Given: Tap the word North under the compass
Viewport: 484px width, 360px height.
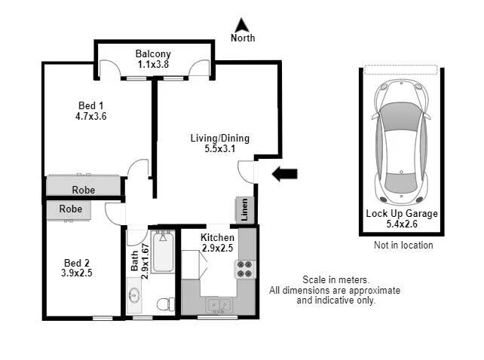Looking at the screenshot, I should pyautogui.click(x=242, y=38).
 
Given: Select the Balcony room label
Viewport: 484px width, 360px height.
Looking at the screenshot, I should pyautogui.click(x=153, y=53).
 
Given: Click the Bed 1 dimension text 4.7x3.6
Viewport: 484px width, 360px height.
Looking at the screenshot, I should pyautogui.click(x=91, y=117).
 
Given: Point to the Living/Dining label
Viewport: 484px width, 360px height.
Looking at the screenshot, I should pyautogui.click(x=219, y=138).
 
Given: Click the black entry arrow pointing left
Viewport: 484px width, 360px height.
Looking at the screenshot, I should pyautogui.click(x=284, y=174).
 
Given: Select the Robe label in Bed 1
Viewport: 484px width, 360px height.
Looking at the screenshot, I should pyautogui.click(x=83, y=190).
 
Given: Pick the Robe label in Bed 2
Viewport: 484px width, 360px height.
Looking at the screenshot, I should pyautogui.click(x=70, y=209).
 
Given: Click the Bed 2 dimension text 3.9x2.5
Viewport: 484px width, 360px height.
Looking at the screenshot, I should pyautogui.click(x=76, y=273).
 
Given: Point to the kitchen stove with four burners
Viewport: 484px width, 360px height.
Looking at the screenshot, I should pyautogui.click(x=246, y=269).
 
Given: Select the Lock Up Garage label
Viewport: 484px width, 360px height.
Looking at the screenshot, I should pyautogui.click(x=402, y=213).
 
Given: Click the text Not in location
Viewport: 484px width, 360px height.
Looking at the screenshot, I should pyautogui.click(x=403, y=245).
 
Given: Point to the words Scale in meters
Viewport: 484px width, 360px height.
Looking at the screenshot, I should pyautogui.click(x=335, y=279).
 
